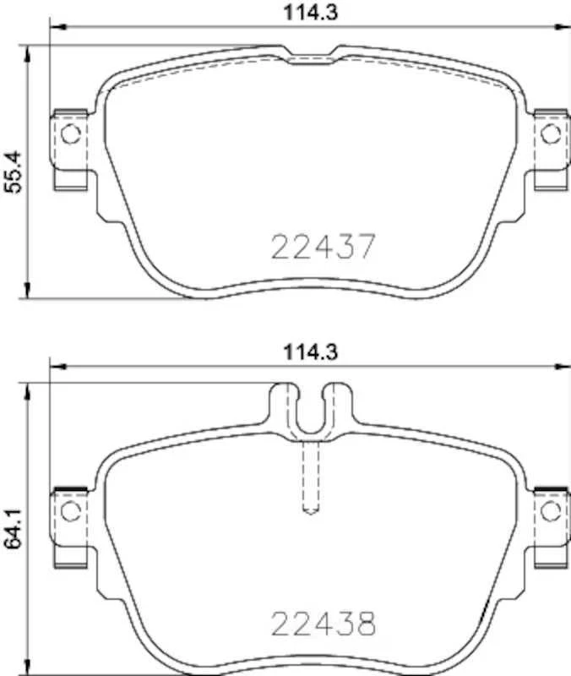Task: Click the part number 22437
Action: tap(322, 247)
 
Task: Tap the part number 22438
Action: tap(322, 624)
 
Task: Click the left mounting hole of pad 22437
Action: tap(71, 133)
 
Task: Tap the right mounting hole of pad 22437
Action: tap(550, 133)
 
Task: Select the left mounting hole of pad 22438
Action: tap(71, 510)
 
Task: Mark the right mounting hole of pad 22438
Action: tap(550, 510)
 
